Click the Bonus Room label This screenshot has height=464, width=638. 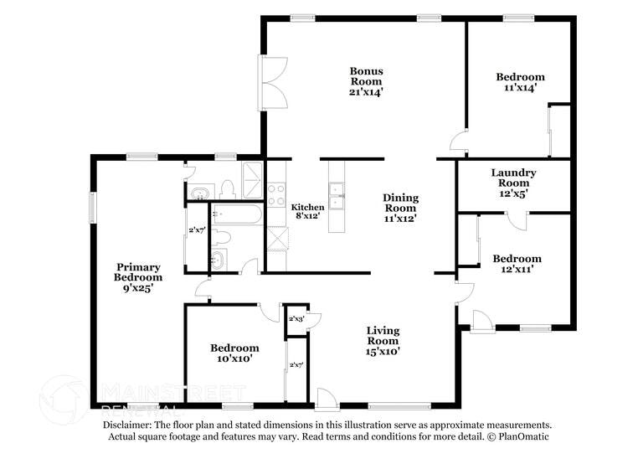coord(366,76)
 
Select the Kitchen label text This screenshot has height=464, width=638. coord(307,207)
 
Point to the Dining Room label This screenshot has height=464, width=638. coord(400,203)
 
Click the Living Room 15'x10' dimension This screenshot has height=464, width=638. coord(383,352)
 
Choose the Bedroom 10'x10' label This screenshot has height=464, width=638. coord(234,353)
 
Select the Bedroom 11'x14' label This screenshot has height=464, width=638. coord(520,81)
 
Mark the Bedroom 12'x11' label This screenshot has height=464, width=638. coord(517,264)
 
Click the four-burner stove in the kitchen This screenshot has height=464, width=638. coord(276,194)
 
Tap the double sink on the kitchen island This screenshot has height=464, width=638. coord(338,198)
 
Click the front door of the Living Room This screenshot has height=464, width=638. coord(327,397)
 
